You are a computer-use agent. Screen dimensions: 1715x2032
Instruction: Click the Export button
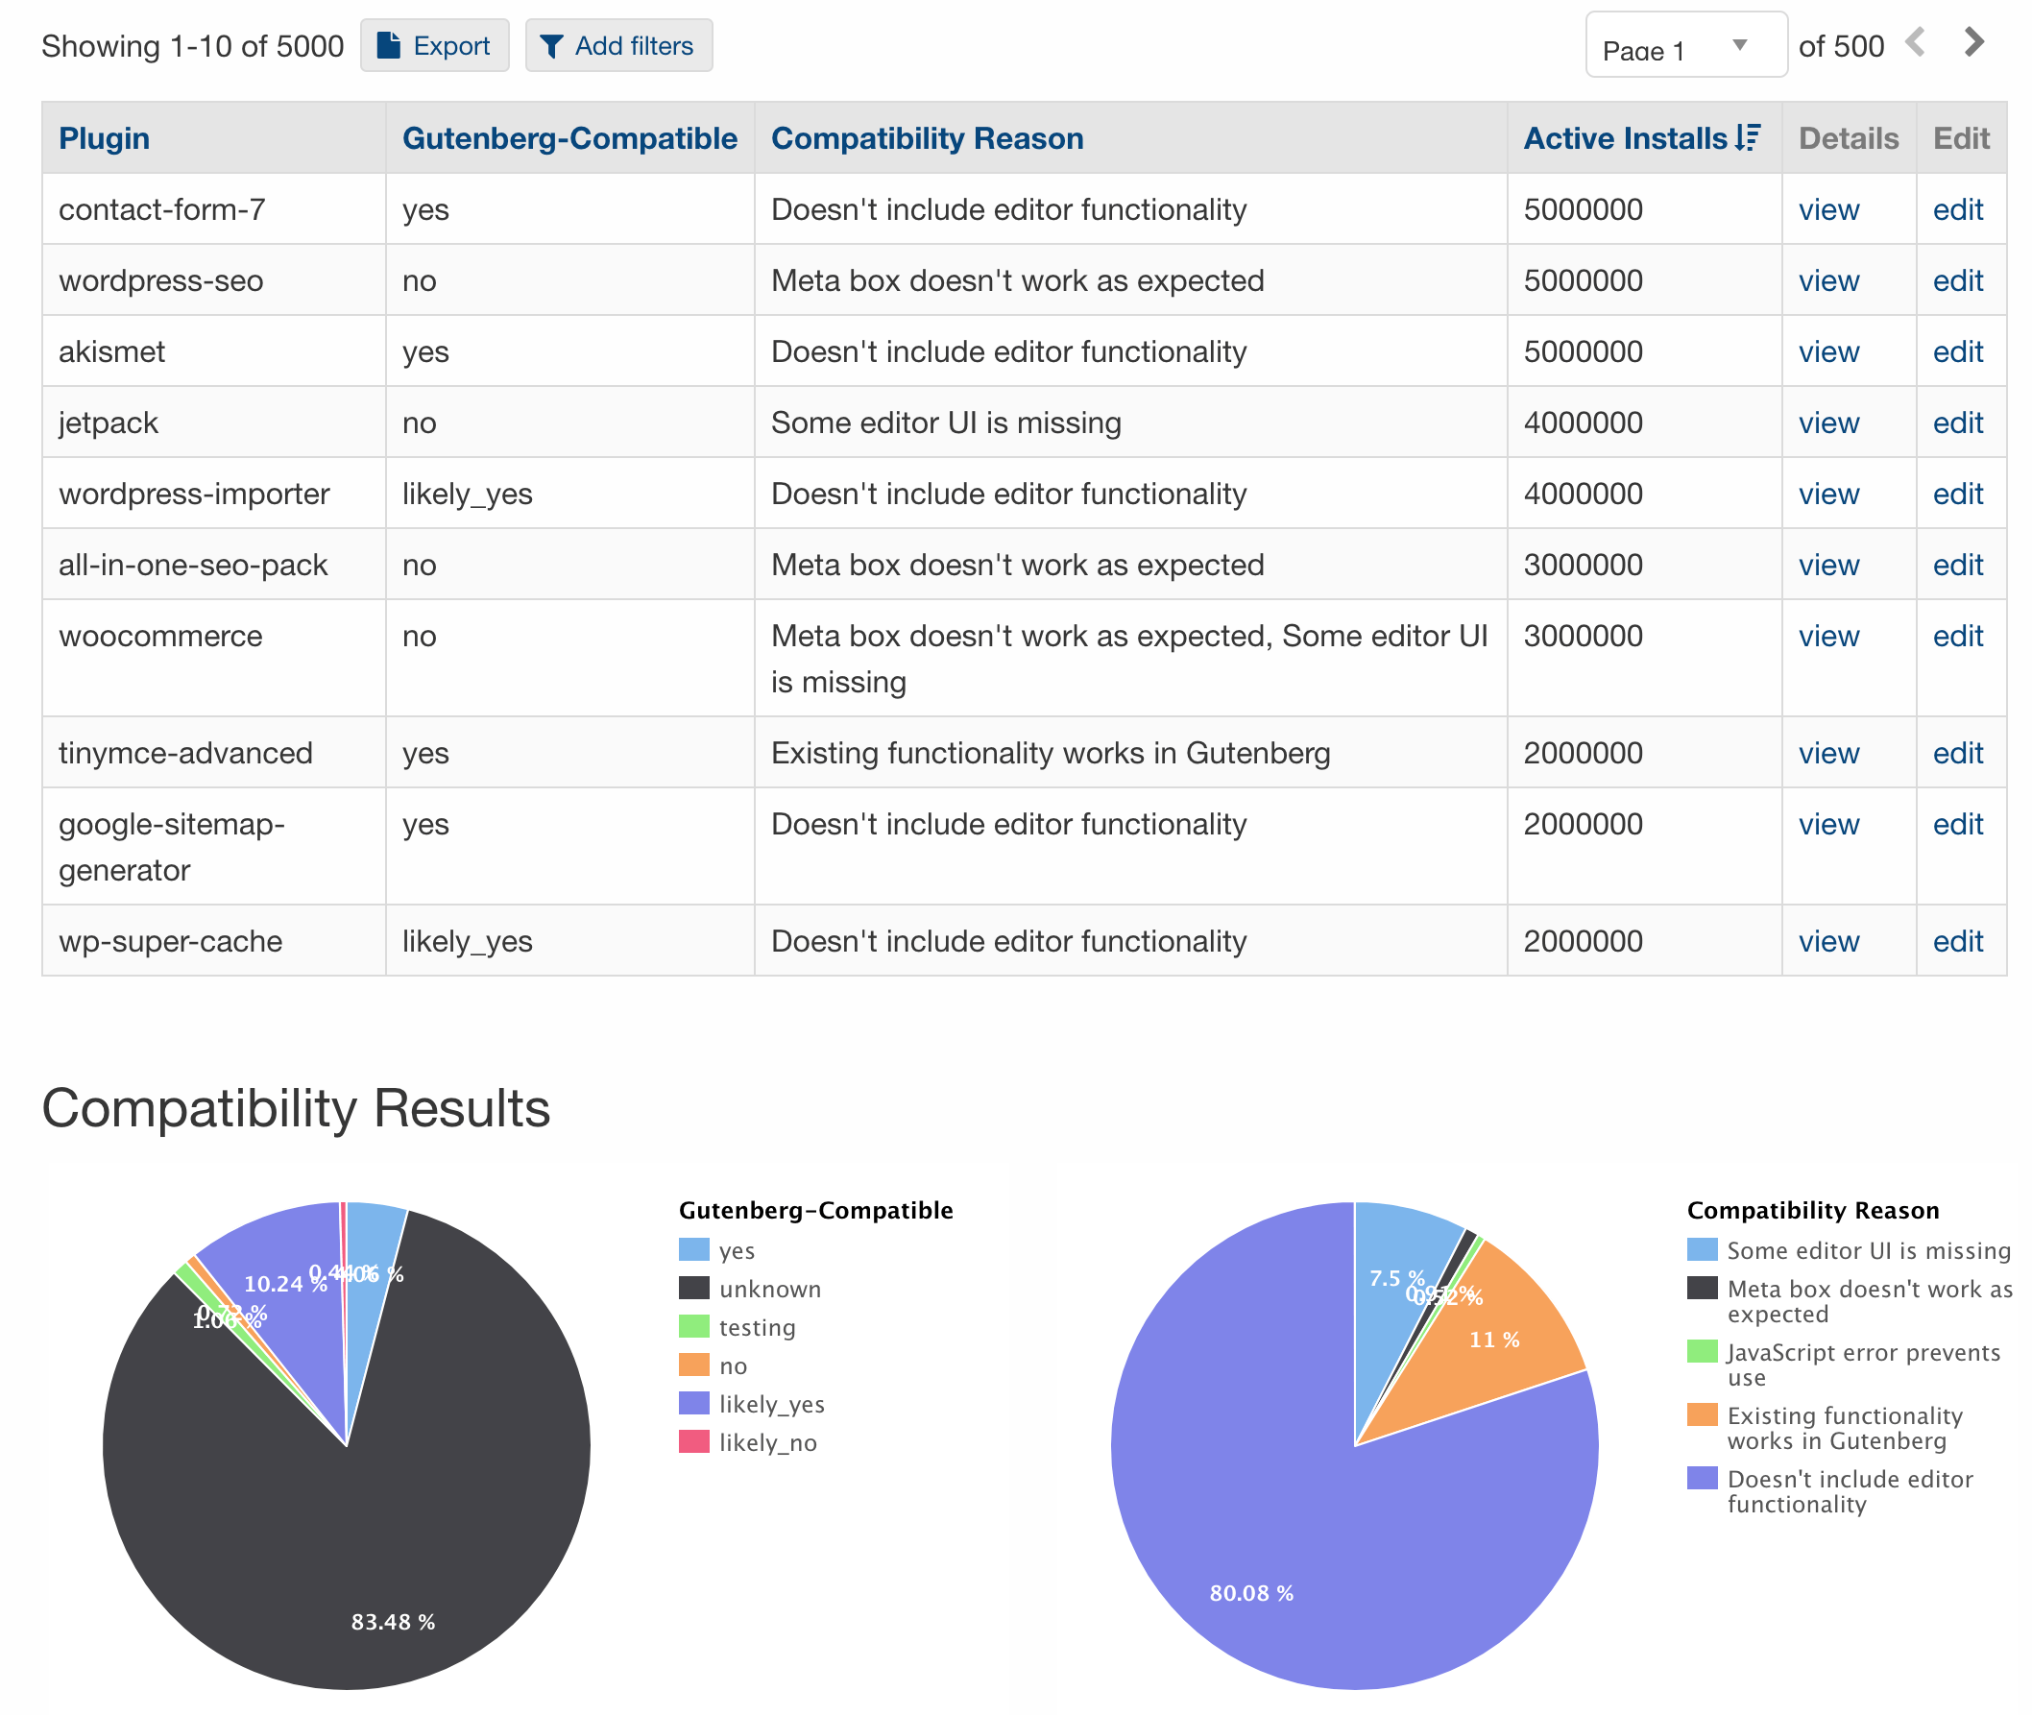click(434, 46)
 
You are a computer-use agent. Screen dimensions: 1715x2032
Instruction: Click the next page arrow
click(1973, 43)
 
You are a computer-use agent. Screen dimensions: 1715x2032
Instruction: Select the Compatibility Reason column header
click(927, 138)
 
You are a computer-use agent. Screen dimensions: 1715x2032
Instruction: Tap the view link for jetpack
click(1827, 423)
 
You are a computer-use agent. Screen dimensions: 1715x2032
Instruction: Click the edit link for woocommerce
click(1957, 636)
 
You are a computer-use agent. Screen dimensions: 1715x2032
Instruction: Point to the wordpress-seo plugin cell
click(161, 281)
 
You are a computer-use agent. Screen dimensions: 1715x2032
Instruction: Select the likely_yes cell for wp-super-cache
click(467, 941)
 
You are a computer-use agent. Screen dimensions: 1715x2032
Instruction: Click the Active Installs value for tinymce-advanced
click(1583, 753)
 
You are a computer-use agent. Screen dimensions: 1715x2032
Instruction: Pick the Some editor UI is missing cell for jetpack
click(945, 423)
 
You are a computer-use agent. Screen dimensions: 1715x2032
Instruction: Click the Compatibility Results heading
click(296, 1107)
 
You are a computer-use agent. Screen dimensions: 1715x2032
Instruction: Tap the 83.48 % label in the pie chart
click(393, 1622)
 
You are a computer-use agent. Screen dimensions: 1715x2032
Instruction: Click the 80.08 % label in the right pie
click(1251, 1593)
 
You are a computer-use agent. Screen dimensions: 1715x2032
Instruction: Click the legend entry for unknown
click(769, 1290)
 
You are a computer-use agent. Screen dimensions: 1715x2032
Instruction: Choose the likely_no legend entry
click(767, 1443)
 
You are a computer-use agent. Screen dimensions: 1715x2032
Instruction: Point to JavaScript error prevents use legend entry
click(1862, 1364)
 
